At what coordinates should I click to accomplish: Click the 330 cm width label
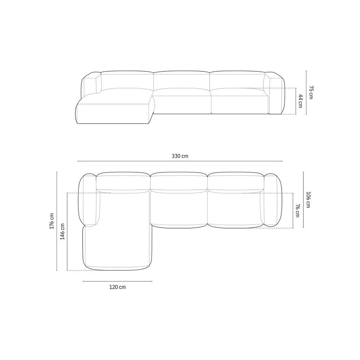pos(180,156)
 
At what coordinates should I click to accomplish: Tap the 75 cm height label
pos(311,92)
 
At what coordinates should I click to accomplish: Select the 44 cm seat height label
pos(300,101)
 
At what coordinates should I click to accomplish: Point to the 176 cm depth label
pos(52,221)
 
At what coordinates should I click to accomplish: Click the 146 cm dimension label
pos(63,231)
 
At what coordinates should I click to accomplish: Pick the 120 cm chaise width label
pos(117,287)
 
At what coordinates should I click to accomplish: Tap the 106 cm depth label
pos(308,200)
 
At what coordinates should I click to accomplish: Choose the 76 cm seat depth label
pos(297,211)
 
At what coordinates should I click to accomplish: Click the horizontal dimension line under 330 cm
pos(180,161)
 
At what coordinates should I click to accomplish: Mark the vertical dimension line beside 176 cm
pos(57,221)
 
